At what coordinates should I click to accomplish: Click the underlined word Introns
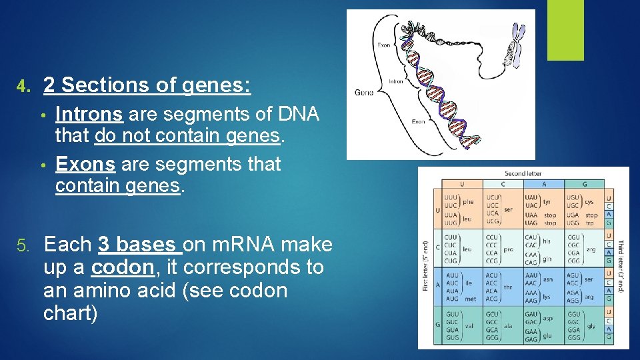(x=89, y=115)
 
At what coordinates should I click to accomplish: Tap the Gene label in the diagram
(x=363, y=92)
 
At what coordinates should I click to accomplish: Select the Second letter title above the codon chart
(x=523, y=173)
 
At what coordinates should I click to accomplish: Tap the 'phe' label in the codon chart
(x=469, y=201)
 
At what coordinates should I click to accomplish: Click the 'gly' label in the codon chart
(x=591, y=327)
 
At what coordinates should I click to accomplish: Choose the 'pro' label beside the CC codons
(x=509, y=249)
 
